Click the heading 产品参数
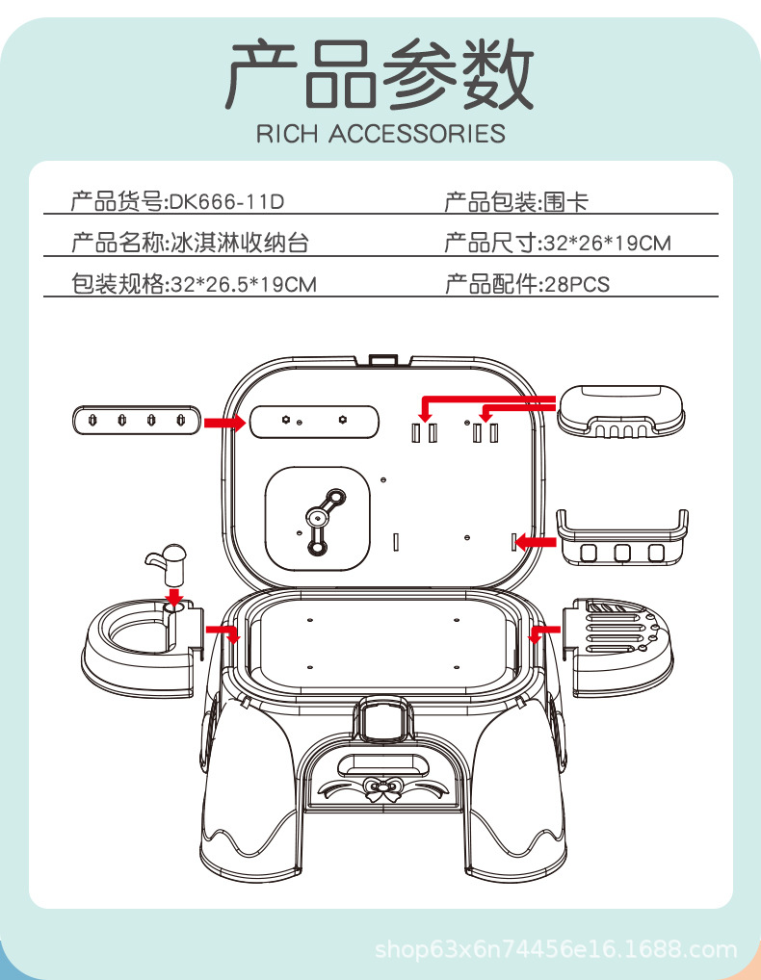coord(380,76)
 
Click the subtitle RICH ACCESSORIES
coord(380,134)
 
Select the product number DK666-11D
coord(227,202)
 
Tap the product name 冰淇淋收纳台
coord(240,243)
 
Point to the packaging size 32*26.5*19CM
coord(243,283)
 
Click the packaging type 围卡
coord(564,202)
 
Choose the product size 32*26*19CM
coord(607,243)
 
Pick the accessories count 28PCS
coord(576,283)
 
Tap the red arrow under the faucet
coord(173,598)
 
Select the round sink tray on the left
coord(140,640)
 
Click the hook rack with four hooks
coord(135,421)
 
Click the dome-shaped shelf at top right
coord(621,411)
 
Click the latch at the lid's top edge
coord(382,360)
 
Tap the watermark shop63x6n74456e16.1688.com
coord(556,951)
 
